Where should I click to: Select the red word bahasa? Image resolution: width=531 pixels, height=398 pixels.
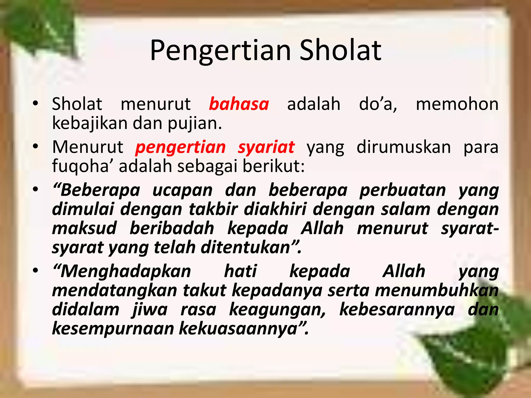pos(239,104)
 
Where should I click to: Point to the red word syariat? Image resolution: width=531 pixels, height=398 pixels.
pos(266,147)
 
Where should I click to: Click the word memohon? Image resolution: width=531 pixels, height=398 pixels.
pos(457,104)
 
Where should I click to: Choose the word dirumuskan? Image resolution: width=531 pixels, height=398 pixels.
pos(403,147)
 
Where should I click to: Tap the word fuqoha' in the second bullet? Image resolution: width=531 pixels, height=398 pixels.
pos(80,166)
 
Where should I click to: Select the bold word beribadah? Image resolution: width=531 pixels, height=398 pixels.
pos(172,228)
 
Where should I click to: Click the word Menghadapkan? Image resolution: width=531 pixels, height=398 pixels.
pos(122,271)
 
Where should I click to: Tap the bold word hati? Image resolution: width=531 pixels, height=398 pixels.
pos(240,271)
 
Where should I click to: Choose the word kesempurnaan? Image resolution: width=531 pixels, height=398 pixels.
pos(113,329)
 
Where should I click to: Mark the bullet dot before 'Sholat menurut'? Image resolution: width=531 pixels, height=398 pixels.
pos(36,104)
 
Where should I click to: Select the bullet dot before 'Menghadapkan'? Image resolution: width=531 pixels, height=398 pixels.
pos(36,271)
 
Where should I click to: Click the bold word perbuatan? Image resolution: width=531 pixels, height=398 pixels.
pos(403,190)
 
